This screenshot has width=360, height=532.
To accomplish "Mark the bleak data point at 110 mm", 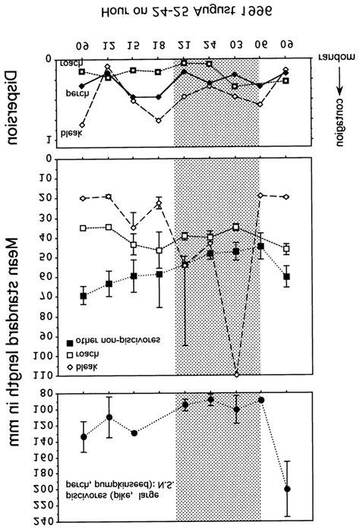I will [x=236, y=374].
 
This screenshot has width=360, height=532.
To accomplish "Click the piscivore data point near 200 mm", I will [x=287, y=490].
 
